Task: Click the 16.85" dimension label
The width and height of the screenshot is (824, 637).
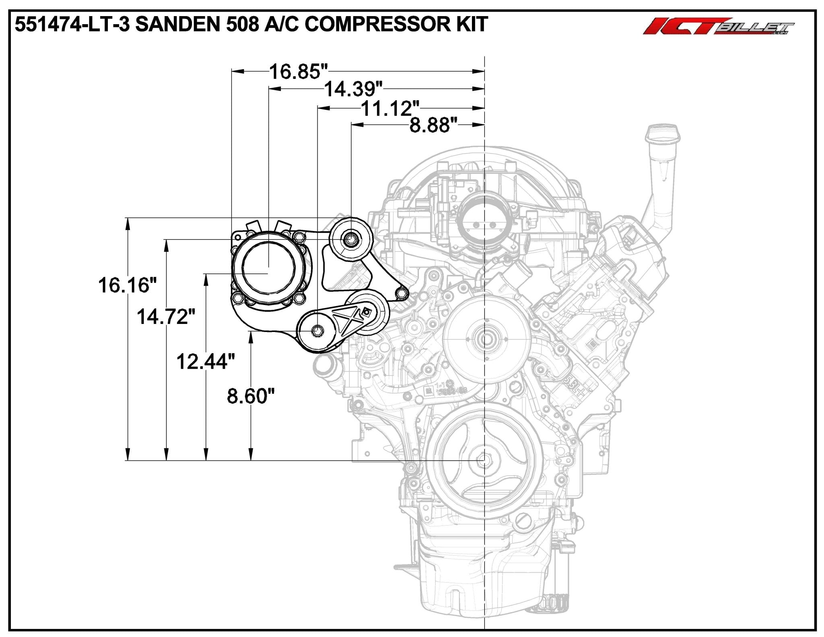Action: tap(298, 72)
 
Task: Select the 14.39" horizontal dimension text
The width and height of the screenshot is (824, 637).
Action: tap(353, 89)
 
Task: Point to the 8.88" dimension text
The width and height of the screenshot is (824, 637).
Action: tap(434, 125)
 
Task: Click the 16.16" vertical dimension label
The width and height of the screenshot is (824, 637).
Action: tap(127, 285)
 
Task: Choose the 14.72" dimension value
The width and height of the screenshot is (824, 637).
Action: tap(166, 317)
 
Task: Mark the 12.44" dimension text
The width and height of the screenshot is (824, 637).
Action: tap(206, 361)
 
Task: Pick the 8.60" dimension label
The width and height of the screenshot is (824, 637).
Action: tap(251, 396)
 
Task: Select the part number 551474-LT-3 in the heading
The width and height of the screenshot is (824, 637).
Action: tap(72, 25)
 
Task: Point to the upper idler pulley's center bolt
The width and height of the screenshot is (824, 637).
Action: tap(349, 240)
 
